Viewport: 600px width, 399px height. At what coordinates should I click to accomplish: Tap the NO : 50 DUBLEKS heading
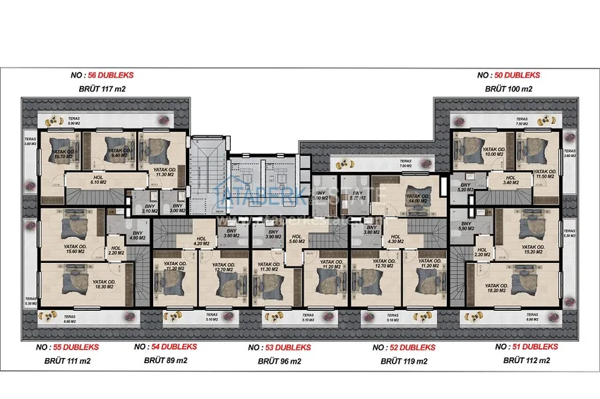[508, 75]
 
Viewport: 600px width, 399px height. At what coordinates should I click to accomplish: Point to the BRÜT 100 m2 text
[508, 90]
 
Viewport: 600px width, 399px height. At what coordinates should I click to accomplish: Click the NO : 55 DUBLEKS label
[67, 348]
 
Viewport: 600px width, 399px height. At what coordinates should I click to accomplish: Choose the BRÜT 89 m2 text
[165, 360]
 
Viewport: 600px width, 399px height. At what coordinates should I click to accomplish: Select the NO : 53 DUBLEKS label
[280, 348]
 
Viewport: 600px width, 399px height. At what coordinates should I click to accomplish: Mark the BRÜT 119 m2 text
[404, 361]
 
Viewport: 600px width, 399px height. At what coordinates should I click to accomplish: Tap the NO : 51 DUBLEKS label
[527, 347]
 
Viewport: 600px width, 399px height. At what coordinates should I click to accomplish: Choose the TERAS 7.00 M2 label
[425, 164]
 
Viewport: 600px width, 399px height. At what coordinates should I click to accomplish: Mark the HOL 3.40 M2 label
[510, 180]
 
